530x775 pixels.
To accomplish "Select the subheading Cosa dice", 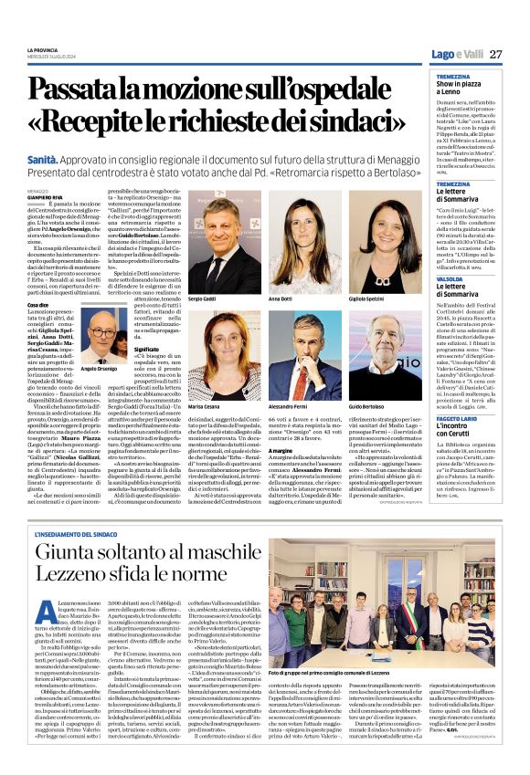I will click(38, 304).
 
